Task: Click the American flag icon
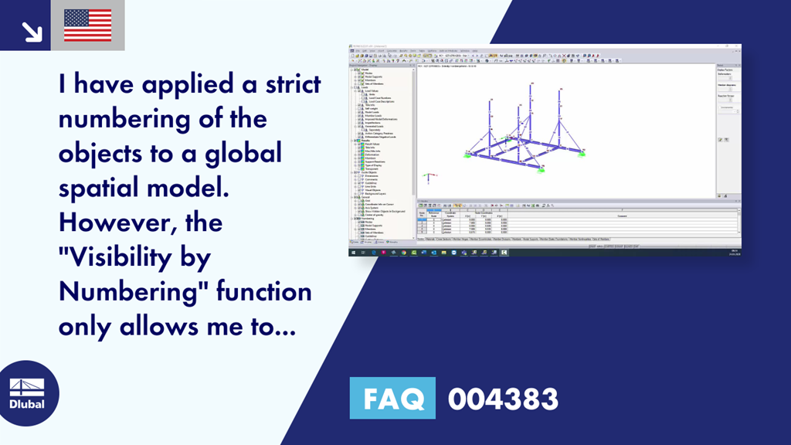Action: tap(87, 25)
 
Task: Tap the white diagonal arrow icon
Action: tap(32, 31)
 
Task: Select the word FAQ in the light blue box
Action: tap(392, 399)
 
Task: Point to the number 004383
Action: tap(503, 399)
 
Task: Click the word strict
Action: tap(287, 84)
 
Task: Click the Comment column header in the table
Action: tap(622, 216)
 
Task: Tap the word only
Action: tap(87, 327)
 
